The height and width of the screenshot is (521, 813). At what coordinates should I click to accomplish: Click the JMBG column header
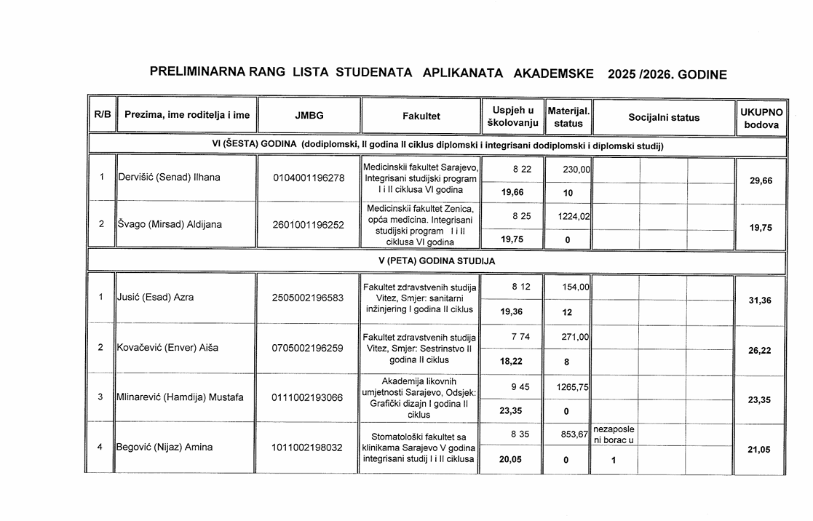tap(309, 116)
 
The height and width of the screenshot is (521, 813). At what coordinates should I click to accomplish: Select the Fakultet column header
tap(421, 116)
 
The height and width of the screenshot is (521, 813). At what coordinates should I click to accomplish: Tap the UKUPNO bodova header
tap(761, 118)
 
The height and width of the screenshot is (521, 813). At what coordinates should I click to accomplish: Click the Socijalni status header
tap(664, 118)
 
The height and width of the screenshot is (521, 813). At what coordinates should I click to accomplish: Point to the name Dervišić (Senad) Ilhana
tap(168, 178)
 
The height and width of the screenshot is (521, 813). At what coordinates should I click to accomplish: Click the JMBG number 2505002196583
tap(308, 298)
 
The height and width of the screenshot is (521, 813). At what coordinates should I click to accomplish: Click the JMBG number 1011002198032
tap(308, 448)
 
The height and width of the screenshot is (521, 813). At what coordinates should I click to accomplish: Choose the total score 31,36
tap(761, 301)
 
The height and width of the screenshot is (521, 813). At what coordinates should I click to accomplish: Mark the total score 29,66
tap(761, 180)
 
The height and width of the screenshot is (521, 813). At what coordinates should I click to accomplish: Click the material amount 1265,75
tap(573, 388)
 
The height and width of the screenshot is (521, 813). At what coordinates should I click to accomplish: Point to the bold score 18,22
tap(512, 361)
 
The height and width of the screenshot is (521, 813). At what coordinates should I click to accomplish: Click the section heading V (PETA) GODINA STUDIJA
tap(437, 260)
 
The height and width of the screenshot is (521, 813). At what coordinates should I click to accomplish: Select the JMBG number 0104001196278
tap(308, 178)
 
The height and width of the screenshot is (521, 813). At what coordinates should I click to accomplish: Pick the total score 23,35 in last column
tap(761, 400)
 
